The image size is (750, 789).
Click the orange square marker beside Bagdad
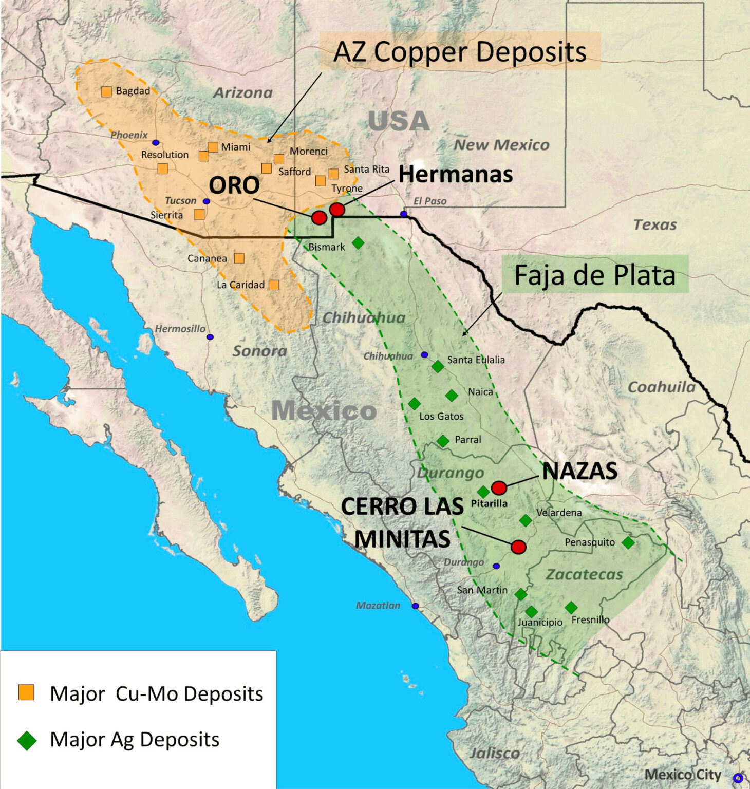coord(106,92)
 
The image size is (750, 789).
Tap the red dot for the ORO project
coord(319,218)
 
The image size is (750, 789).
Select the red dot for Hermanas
coord(337,210)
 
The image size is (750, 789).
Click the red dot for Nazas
coord(499,487)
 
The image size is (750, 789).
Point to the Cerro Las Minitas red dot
coord(518,547)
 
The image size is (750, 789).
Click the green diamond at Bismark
coord(358,242)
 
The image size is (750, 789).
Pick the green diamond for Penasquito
coord(628,542)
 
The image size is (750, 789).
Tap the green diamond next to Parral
coord(443,441)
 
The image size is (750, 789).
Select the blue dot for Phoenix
coord(156,143)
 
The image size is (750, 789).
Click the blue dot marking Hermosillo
coord(210,337)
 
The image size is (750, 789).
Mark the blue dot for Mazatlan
coord(415,606)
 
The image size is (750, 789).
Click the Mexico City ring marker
coord(738,778)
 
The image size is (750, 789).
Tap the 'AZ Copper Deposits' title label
coord(460,52)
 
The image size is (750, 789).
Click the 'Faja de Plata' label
coord(595,275)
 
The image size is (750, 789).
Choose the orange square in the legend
coord(26,692)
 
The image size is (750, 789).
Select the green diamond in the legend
coord(27,741)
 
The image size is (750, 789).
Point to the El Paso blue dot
coord(404,214)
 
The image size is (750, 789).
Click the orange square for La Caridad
coord(274,285)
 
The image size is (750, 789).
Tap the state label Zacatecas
coord(584,574)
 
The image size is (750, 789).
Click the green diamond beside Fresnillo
coord(571,608)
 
